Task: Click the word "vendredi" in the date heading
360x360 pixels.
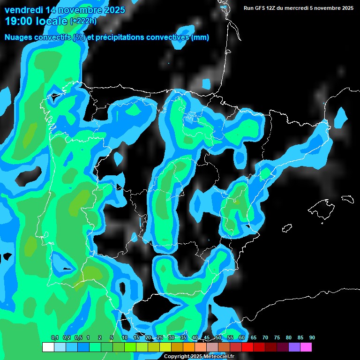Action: pyautogui.click(x=23, y=10)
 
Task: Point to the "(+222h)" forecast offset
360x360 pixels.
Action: pyautogui.click(x=84, y=21)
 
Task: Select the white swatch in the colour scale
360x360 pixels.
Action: pyautogui.click(x=48, y=347)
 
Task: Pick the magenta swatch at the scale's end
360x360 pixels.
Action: pyautogui.click(x=306, y=347)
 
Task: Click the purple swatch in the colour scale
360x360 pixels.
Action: pyautogui.click(x=294, y=347)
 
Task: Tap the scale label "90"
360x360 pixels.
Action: pyautogui.click(x=312, y=337)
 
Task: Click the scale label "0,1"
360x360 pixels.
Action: pyautogui.click(x=54, y=337)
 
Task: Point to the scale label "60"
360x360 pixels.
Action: pyautogui.click(x=241, y=337)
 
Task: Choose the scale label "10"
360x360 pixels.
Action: pyautogui.click(x=124, y=337)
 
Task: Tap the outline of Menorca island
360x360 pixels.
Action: pyautogui.click(x=347, y=199)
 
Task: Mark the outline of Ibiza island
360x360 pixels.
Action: pyautogui.click(x=287, y=228)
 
